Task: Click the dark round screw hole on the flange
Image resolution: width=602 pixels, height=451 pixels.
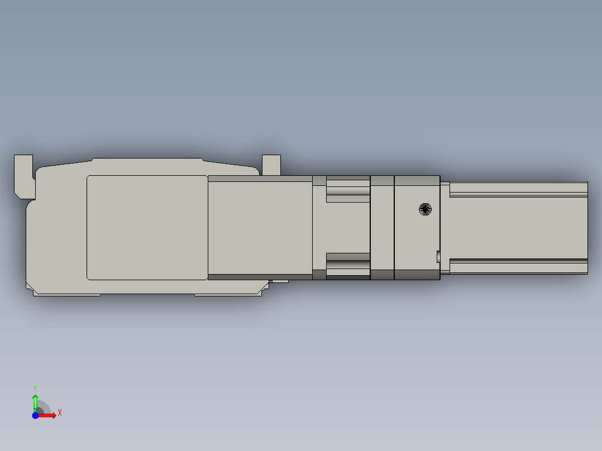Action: click(426, 209)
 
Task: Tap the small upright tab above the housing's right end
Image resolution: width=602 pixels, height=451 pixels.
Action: click(271, 164)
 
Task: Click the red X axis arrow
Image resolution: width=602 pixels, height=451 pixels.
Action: click(49, 415)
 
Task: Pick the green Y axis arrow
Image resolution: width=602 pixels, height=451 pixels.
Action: click(35, 401)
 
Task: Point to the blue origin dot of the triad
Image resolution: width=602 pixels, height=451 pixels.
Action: click(35, 415)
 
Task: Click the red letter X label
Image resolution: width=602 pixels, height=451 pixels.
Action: click(59, 412)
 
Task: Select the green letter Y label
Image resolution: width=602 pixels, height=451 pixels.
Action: click(35, 387)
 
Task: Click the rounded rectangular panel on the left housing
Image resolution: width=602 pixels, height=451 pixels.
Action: click(147, 227)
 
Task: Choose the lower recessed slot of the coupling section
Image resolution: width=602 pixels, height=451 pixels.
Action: click(348, 263)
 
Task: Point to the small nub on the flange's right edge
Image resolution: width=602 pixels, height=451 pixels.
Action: click(437, 256)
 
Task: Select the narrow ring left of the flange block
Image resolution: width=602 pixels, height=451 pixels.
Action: click(382, 227)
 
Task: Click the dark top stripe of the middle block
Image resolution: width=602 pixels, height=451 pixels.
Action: click(260, 179)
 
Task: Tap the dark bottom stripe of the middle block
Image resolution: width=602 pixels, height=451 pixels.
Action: click(260, 276)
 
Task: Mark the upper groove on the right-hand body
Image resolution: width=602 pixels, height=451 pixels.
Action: click(518, 194)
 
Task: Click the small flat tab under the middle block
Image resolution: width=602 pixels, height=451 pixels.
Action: click(279, 281)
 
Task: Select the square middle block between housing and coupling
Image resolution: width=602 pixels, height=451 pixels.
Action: click(260, 227)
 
